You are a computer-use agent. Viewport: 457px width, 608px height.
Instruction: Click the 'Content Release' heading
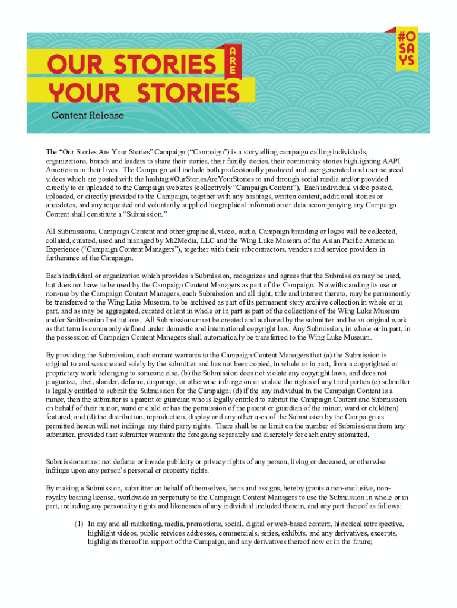(x=87, y=115)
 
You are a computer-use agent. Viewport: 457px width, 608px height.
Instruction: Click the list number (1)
(x=78, y=524)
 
